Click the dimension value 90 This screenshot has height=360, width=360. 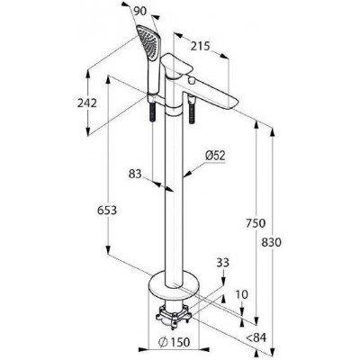pos(139,12)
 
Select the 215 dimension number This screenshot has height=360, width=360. pos(201,46)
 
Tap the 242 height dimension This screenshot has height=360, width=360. pos(87,103)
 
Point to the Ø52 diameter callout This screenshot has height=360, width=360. pos(215,156)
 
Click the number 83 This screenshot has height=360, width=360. pos(135,174)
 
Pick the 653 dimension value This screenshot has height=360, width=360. pos(107,211)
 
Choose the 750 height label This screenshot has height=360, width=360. pos(256,223)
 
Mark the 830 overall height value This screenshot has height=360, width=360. pos(272,242)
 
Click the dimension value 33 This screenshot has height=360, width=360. pos(222,263)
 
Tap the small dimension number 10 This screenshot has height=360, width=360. pos(242,294)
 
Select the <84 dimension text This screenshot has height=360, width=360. pos(256,337)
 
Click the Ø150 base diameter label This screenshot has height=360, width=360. pos(174,342)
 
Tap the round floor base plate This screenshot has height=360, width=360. pos(174,283)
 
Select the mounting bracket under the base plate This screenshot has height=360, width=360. pos(174,314)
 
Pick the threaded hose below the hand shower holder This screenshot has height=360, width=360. pos(153,112)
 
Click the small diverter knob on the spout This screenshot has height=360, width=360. pos(191,80)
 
